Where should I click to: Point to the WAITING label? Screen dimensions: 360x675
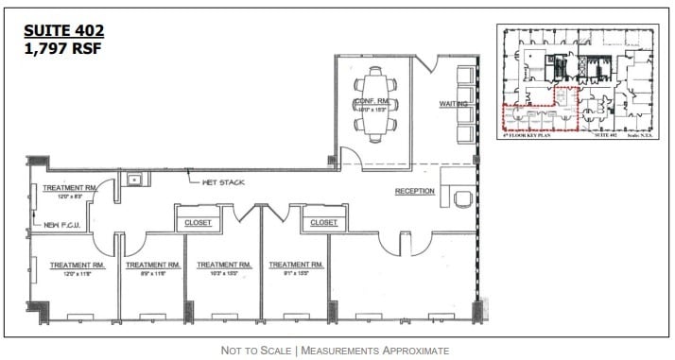[x=455, y=103]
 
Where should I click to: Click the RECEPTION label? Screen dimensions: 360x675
[x=415, y=191]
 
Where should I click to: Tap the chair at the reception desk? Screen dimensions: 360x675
[x=463, y=197]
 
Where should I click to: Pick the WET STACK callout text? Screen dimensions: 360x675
[x=220, y=180]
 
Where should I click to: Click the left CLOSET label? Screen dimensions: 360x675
[x=199, y=222]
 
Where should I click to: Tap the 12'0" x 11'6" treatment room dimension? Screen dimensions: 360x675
[x=77, y=274]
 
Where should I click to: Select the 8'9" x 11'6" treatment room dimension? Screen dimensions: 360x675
[x=152, y=274]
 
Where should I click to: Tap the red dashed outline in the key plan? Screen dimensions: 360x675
[x=539, y=109]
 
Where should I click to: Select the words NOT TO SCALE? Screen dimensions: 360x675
[x=256, y=351]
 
